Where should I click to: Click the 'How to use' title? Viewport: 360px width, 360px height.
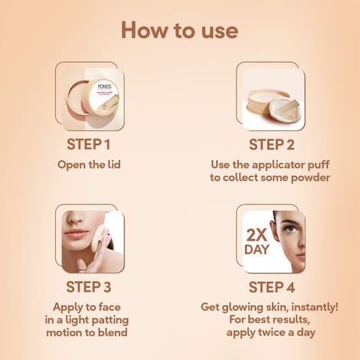pos(179,30)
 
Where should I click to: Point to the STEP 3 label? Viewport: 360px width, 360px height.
pos(89,288)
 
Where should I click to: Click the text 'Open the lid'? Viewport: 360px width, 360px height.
pos(89,164)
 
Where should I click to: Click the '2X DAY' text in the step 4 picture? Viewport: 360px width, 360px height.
pos(257,242)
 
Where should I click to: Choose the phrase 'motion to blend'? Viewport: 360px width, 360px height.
pos(89,334)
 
